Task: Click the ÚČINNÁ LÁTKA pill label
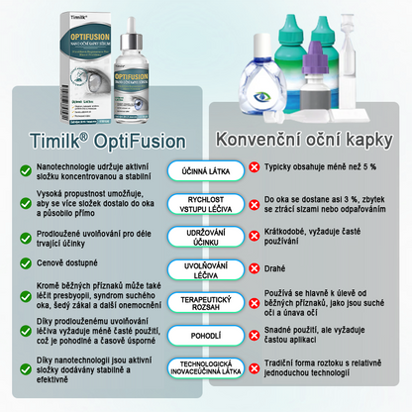coord(205,171)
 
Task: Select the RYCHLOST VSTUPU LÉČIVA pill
coord(205,203)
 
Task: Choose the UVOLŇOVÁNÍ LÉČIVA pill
coord(205,267)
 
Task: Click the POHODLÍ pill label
coord(205,336)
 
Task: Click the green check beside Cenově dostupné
coord(25,265)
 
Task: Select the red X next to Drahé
coord(255,267)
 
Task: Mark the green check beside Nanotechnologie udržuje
coord(25,170)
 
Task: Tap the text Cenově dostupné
coord(70,265)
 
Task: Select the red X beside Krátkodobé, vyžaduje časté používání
coord(255,236)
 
